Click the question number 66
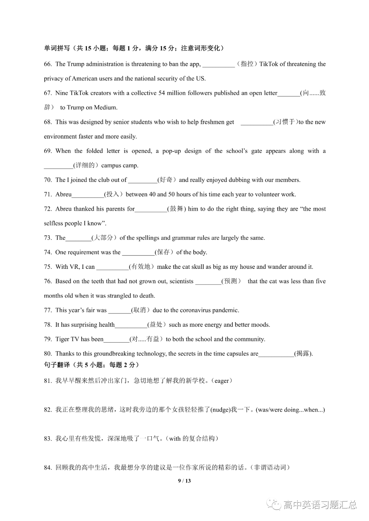[48, 64]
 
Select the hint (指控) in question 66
[247, 64]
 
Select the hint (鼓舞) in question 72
[177, 209]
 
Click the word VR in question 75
[74, 267]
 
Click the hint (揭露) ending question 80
[303, 354]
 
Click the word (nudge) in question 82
[220, 410]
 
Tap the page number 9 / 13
[184, 481]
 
